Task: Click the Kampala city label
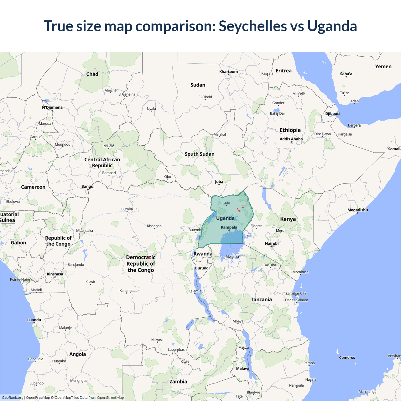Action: [229, 227]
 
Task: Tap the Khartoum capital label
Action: [228, 71]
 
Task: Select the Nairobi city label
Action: [272, 243]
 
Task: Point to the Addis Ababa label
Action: [291, 139]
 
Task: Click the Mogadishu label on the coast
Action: [357, 210]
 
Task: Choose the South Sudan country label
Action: [200, 154]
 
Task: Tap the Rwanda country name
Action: [203, 254]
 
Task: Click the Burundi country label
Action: [202, 268]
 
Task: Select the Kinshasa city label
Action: [55, 274]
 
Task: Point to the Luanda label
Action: [34, 320]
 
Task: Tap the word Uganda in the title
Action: [332, 26]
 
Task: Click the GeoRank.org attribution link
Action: [13, 398]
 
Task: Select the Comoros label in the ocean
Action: [347, 357]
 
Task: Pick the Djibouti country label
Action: [332, 113]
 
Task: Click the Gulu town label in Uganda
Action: [226, 203]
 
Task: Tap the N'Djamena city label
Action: [52, 107]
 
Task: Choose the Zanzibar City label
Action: [296, 293]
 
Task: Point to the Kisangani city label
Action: [155, 226]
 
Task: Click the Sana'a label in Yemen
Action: [346, 74]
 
